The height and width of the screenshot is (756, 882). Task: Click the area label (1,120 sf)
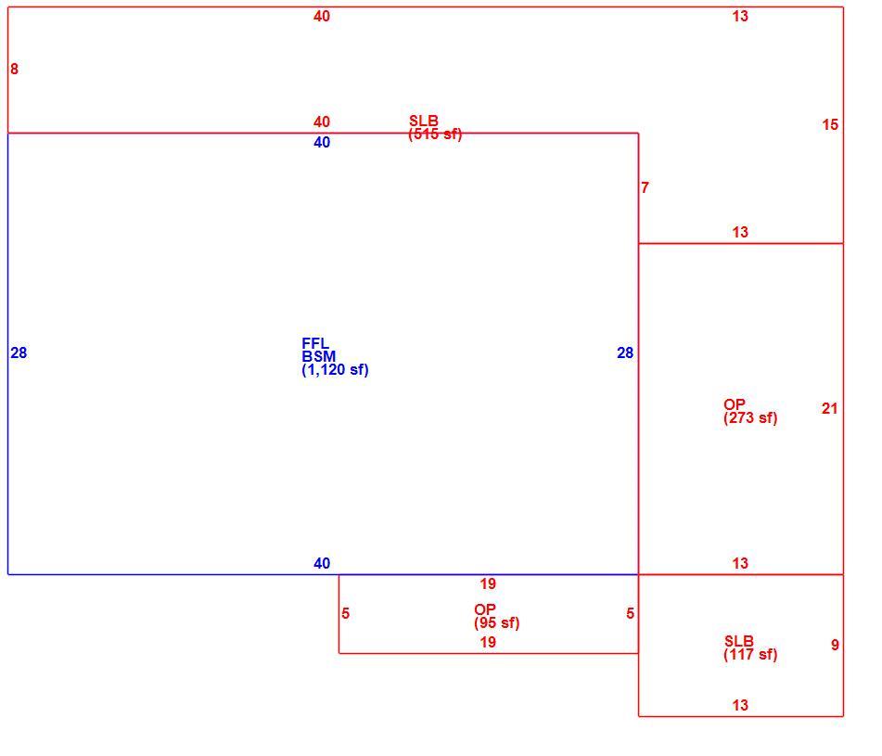coord(335,370)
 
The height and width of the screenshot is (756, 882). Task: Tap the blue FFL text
coord(315,344)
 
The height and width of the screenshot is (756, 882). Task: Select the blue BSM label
coord(318,356)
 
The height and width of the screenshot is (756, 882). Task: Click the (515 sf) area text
coord(435,135)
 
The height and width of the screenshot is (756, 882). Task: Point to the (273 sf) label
coord(750,418)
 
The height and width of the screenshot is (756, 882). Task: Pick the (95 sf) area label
coord(497,623)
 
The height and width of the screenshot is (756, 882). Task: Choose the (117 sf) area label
coord(750,655)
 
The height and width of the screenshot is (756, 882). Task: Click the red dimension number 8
coord(14,70)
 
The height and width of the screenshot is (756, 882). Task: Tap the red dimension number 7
coord(645,188)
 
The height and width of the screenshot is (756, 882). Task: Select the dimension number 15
coord(830,125)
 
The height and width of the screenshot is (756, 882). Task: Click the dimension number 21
coord(830,409)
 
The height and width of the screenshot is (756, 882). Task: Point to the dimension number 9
coord(835,646)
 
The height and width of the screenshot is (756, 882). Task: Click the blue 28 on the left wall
coord(19,353)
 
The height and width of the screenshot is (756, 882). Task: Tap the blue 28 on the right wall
coord(625,353)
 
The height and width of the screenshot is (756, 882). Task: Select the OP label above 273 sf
coord(735,404)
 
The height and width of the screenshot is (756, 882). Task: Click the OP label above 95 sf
coord(485,609)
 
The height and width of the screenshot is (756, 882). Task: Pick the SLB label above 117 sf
coord(738,641)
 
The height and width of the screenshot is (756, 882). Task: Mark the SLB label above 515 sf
coord(424,121)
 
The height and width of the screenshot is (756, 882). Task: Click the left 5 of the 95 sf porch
coord(345,614)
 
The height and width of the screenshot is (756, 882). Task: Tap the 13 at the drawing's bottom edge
coord(740,705)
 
